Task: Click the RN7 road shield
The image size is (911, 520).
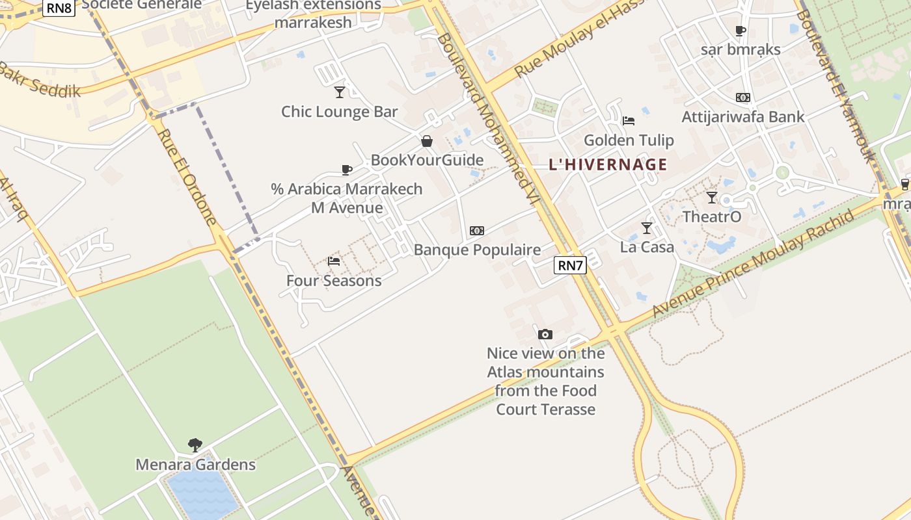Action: (571, 265)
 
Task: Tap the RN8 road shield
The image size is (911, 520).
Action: (59, 8)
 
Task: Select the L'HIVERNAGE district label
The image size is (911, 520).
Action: (608, 164)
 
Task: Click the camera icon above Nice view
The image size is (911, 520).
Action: (545, 334)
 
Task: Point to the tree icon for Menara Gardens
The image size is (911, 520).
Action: (195, 445)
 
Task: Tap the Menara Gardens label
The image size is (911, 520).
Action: (195, 465)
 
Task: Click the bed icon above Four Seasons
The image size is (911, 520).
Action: (334, 261)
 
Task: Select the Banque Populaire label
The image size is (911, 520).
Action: (477, 250)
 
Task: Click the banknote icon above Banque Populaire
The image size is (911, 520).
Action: (477, 231)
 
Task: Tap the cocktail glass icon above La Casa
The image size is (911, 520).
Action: (646, 227)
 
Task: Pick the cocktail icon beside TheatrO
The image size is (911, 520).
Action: (712, 197)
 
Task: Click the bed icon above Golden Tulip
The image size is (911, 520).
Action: (629, 120)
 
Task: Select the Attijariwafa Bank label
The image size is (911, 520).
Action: (743, 117)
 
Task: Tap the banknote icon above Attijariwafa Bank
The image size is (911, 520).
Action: (743, 97)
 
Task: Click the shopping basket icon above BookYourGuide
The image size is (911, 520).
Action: (427, 141)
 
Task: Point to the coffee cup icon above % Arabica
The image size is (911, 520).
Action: (347, 170)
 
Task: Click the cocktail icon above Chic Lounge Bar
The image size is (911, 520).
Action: (339, 92)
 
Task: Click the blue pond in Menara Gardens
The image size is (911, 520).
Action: (203, 494)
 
